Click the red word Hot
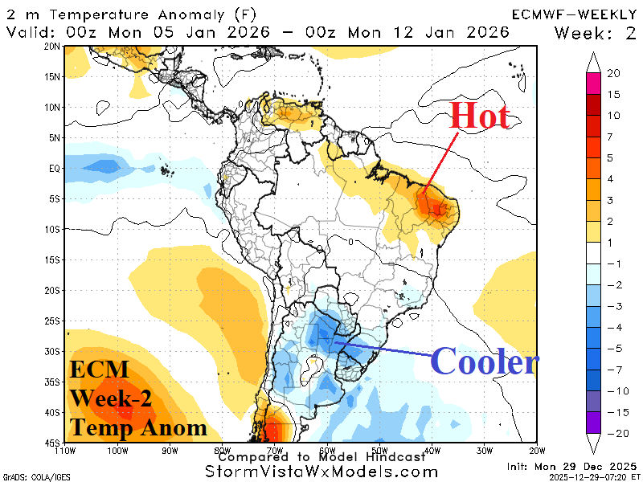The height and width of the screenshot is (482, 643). [x=479, y=116]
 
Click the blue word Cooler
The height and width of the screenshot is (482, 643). [x=484, y=362]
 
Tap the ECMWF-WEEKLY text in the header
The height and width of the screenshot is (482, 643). [x=573, y=14]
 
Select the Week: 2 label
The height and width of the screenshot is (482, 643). [x=596, y=32]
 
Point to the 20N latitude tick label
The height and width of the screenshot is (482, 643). [x=52, y=47]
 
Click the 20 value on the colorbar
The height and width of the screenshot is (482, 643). [x=613, y=73]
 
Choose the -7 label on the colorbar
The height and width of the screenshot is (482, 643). [x=612, y=370]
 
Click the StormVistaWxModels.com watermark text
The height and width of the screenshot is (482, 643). [x=321, y=472]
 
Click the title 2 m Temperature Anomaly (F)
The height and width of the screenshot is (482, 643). [x=125, y=14]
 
